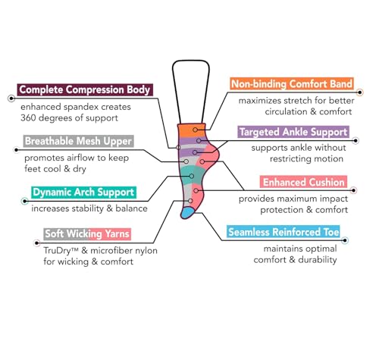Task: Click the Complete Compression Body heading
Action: click(85, 89)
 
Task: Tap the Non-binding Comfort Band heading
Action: click(292, 83)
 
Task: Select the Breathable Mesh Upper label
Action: click(78, 141)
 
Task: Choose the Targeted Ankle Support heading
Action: click(293, 132)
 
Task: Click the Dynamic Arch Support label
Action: click(83, 193)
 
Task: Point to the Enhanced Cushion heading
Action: click(303, 182)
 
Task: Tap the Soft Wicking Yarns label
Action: click(87, 234)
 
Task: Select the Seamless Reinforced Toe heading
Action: click(283, 232)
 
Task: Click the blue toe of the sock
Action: click(188, 213)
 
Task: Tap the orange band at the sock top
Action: click(192, 130)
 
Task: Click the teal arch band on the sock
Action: click(193, 175)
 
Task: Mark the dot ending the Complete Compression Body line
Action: click(11, 99)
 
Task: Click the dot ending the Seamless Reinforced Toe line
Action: click(345, 240)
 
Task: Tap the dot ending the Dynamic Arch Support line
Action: click(24, 201)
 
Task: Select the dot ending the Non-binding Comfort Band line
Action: click(360, 92)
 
